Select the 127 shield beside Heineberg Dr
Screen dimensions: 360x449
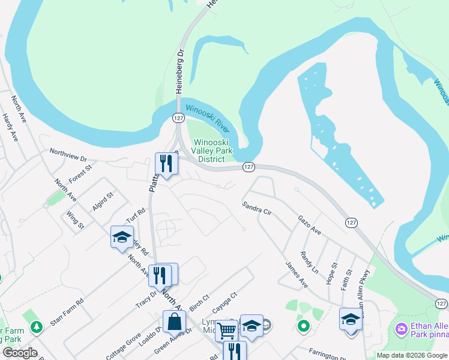178,118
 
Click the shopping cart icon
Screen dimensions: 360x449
226,329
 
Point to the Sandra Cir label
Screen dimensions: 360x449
258,209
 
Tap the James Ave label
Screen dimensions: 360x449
296,274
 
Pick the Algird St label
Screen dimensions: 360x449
103,202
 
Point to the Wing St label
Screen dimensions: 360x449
76,220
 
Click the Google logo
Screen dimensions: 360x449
20,353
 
